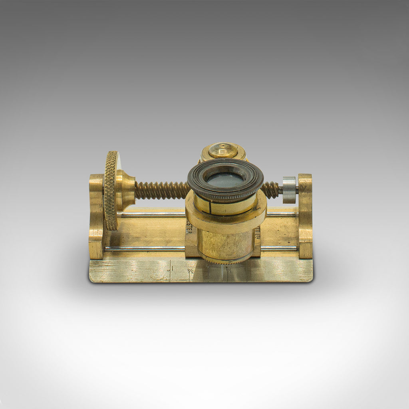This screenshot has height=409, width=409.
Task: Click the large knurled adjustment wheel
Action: coord(111,191)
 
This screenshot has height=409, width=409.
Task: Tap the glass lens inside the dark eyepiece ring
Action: coord(225,180)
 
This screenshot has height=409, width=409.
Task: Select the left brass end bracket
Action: coord(96,216)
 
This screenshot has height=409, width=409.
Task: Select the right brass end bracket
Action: coord(305,216)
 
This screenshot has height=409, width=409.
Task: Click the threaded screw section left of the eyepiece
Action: coord(161,190)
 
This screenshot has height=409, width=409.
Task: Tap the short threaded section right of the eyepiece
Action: coord(271,189)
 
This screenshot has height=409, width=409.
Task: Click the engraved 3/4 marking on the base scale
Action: coord(191,272)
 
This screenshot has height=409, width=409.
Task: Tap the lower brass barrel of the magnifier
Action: coord(225,246)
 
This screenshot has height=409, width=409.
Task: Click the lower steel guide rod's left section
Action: coord(144,248)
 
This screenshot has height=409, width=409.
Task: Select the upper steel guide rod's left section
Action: coord(152,215)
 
